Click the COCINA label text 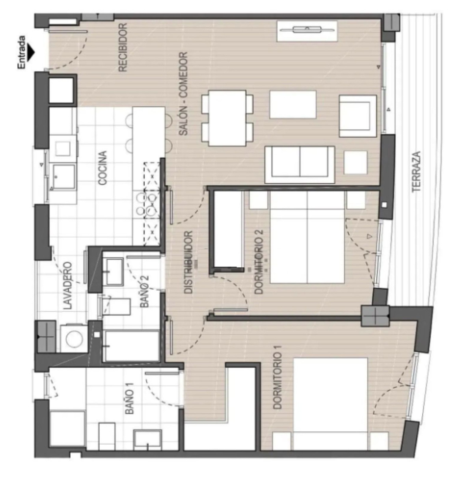click(102, 168)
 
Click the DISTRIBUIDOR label click(189, 262)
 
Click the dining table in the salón click(227, 118)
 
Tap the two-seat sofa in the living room click(300, 164)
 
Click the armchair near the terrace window click(358, 116)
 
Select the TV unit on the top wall click(307, 31)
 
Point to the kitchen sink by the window click(64, 177)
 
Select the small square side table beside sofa click(356, 162)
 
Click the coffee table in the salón click(292, 104)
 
